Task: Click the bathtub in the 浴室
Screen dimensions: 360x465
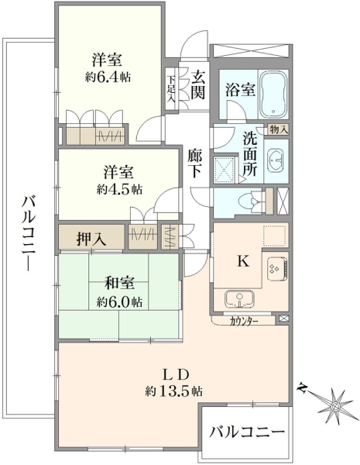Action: coord(273,94)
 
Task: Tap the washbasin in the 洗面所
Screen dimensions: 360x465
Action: coord(276,160)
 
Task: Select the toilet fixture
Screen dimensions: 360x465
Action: coord(253,201)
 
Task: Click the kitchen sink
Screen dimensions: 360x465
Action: coord(239,299)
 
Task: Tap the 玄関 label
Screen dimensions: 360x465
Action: coord(197,86)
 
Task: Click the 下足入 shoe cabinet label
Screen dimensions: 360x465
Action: coord(171,89)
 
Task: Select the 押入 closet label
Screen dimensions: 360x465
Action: coord(91,239)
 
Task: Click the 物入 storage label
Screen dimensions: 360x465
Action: coord(278,129)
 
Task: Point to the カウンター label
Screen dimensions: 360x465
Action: coord(244,321)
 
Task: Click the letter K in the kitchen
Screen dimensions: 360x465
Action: coord(243,261)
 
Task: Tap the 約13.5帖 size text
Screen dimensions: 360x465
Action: coord(173,391)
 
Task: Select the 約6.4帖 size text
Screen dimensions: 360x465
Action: coord(108,77)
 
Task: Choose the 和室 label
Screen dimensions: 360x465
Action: coord(120,284)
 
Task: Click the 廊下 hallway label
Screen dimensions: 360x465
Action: coord(194,163)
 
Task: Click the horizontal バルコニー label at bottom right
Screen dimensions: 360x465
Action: coord(247,432)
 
